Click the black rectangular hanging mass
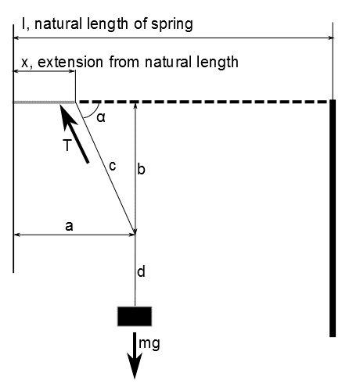coord(135,316)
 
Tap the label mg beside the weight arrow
coord(149,343)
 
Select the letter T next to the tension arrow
coord(67,145)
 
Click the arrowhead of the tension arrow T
coord(67,117)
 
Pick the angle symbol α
coord(101,117)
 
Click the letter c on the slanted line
coord(112,166)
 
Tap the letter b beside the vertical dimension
coord(141,169)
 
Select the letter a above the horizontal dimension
coord(69,226)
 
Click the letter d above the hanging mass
coord(141,271)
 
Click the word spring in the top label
coord(171,24)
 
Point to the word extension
coord(70,63)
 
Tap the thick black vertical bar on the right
coord(333,218)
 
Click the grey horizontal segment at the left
coord(45,102)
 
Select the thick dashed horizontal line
coord(204,102)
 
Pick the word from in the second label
coord(124,63)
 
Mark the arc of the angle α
coord(94,113)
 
